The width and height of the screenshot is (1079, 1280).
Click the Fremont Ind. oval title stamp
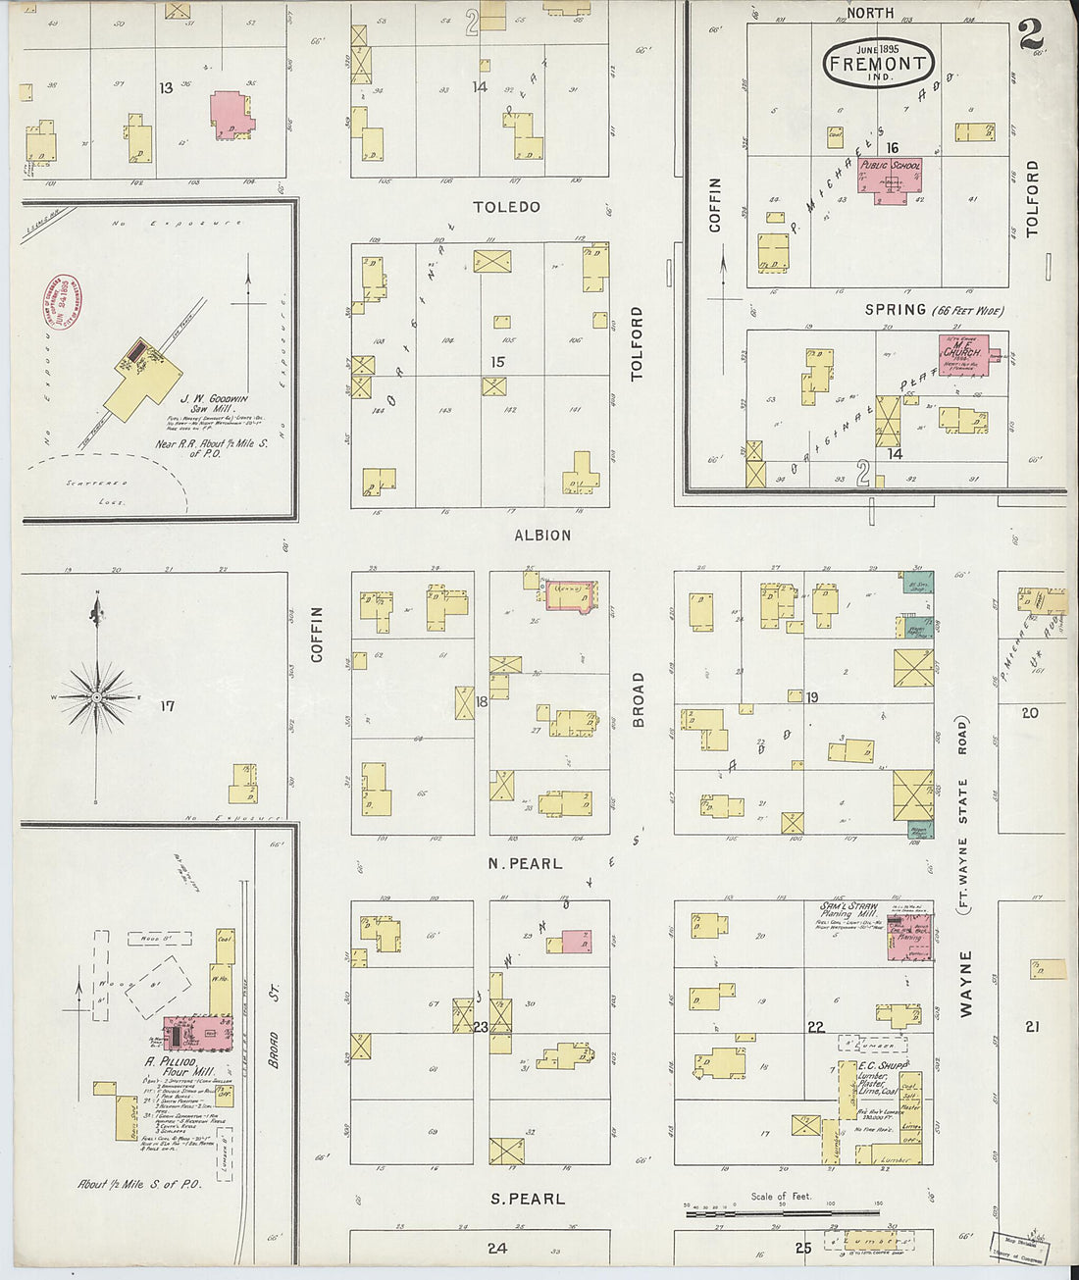[x=877, y=65]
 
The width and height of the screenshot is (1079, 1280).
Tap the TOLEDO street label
[x=506, y=207]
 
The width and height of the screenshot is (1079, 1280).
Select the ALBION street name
[x=542, y=535]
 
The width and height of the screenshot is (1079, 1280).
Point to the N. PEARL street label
[x=526, y=864]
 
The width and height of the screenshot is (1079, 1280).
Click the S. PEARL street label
[x=528, y=1199]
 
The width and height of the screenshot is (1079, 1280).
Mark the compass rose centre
[x=97, y=696]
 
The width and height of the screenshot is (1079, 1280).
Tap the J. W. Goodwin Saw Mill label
[x=214, y=405]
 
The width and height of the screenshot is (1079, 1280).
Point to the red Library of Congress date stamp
[x=61, y=302]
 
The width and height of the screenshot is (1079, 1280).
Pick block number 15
[x=497, y=362]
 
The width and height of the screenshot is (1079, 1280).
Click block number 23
[x=481, y=1027]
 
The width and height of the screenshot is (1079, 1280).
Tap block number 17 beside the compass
[x=168, y=705]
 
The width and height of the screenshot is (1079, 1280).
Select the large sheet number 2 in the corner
[x=1031, y=34]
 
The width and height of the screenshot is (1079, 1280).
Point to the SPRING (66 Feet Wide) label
[x=934, y=310]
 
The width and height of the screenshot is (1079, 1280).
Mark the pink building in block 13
[x=231, y=114]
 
